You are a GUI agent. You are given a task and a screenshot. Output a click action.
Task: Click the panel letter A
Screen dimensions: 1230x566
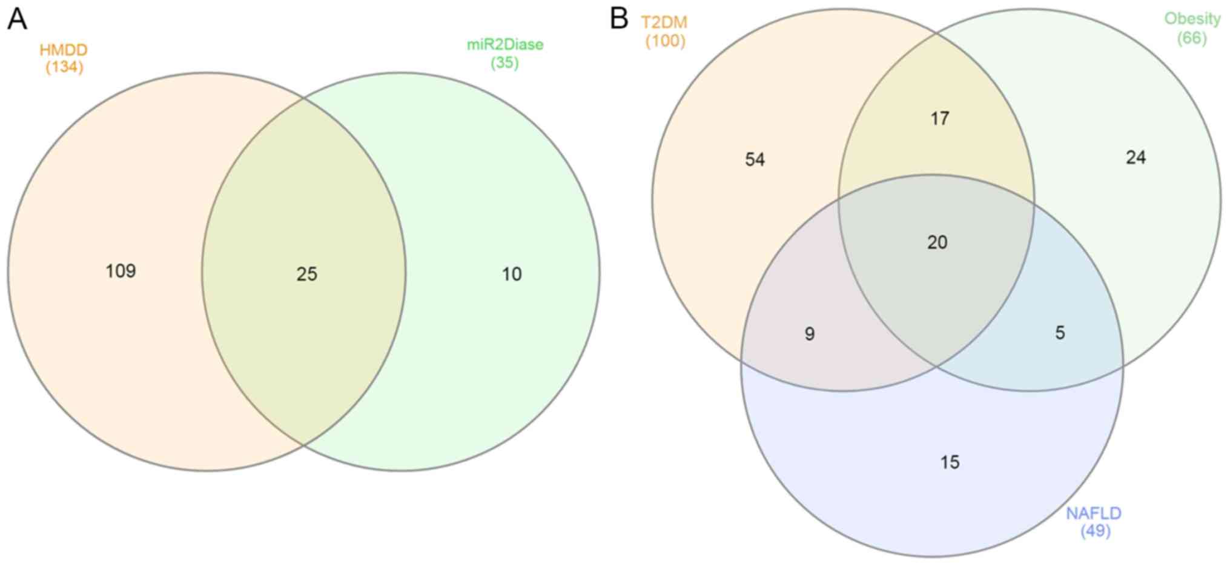click(x=17, y=19)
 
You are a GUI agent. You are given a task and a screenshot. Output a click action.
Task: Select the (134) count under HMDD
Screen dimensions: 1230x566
click(x=64, y=67)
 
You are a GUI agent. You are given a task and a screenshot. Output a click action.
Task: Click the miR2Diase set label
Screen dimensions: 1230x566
click(x=505, y=45)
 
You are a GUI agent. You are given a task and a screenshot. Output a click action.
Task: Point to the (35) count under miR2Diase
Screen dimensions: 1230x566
click(x=504, y=62)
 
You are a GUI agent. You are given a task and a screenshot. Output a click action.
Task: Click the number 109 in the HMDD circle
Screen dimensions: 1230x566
click(x=121, y=271)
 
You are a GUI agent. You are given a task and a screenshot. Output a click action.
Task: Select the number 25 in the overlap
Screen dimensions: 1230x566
click(x=307, y=274)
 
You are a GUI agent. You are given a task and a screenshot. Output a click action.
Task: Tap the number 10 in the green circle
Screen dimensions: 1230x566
click(x=512, y=274)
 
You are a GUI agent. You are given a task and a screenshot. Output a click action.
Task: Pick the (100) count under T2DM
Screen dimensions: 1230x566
click(x=665, y=41)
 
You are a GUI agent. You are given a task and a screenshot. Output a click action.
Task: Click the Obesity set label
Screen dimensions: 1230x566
click(x=1192, y=19)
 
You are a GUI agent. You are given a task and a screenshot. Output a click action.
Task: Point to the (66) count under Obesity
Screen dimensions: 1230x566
click(x=1192, y=38)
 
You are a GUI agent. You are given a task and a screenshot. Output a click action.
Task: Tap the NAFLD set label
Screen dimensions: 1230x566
click(x=1094, y=513)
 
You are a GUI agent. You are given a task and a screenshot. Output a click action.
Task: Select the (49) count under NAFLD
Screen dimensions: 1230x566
click(x=1095, y=531)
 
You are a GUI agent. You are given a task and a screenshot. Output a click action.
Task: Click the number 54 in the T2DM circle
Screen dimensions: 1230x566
click(x=755, y=159)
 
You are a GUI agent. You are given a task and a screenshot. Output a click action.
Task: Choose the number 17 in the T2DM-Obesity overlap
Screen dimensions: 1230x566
click(x=940, y=118)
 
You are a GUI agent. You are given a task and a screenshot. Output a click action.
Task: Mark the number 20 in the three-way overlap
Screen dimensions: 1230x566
click(x=937, y=242)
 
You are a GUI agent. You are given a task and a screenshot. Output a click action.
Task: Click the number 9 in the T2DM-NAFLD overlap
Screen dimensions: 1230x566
click(x=810, y=333)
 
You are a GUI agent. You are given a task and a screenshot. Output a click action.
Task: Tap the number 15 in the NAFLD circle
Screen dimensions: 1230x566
click(x=950, y=462)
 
